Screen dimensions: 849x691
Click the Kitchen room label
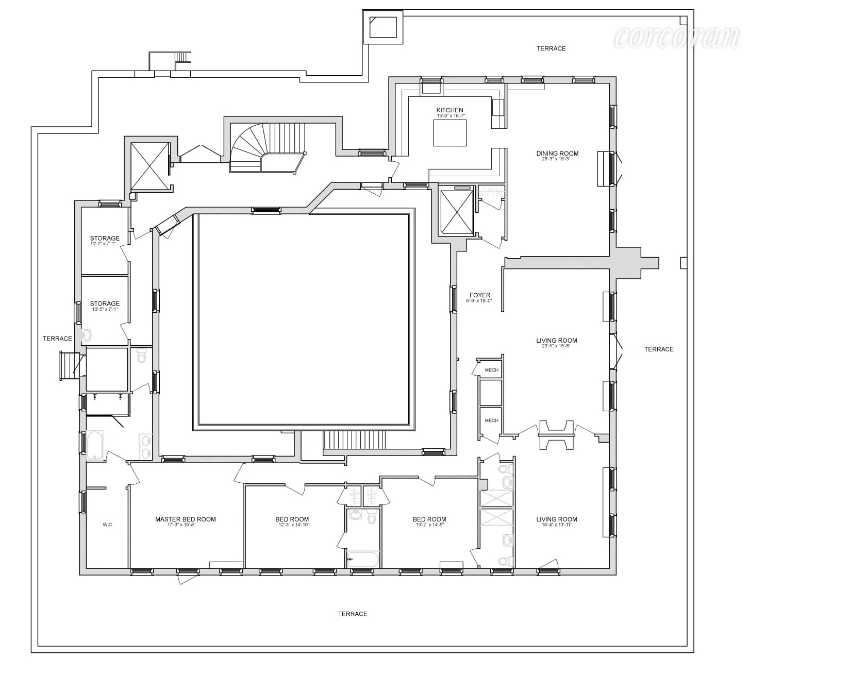tap(450, 110)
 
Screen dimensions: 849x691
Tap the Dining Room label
tap(557, 154)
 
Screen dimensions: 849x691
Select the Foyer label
tap(479, 296)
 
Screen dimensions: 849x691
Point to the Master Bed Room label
tap(186, 519)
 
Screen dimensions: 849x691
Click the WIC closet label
tap(107, 525)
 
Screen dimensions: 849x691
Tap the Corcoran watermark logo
tap(677, 37)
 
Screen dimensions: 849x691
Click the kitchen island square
tap(450, 133)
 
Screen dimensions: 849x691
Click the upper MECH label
tap(491, 370)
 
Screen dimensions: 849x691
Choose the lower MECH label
tap(491, 420)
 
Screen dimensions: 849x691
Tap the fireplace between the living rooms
tap(556, 435)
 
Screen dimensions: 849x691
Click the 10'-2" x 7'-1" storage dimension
tap(105, 244)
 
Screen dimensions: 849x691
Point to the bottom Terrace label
tap(353, 614)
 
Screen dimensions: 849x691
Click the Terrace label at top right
tap(551, 48)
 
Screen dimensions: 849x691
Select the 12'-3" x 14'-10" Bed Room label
tap(292, 519)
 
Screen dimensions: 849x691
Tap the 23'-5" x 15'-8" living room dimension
tap(556, 346)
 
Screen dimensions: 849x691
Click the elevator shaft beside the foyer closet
tap(457, 212)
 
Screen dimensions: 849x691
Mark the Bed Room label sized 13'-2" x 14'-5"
tap(429, 519)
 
